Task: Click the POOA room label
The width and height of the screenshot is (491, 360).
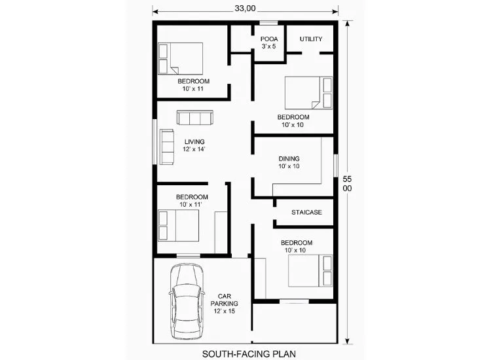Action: tap(269, 39)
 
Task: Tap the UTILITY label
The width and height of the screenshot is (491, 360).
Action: tap(311, 39)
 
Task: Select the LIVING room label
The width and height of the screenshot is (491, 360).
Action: tap(194, 142)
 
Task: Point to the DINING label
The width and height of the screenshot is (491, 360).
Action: tap(289, 158)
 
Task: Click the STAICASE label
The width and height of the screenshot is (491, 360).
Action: tap(306, 212)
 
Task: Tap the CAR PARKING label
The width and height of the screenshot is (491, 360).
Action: tap(224, 300)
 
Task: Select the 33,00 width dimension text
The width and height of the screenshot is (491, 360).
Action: tap(245, 9)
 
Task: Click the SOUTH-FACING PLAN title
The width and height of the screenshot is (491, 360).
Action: tap(249, 354)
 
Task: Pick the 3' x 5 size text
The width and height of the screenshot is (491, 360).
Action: tap(269, 46)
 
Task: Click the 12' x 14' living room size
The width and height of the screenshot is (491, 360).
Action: tap(194, 149)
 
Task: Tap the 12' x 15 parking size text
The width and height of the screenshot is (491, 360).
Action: tap(224, 311)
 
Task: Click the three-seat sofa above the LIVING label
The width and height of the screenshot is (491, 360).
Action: tap(195, 118)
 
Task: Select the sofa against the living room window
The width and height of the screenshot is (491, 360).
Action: tap(167, 147)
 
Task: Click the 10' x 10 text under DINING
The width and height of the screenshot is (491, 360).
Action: tap(289, 166)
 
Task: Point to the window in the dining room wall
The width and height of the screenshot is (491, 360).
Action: tap(336, 166)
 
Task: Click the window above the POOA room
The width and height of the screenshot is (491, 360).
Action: tap(268, 22)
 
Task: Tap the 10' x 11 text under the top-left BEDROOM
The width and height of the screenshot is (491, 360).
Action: tap(193, 88)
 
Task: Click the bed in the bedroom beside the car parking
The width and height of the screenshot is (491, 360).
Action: tap(310, 271)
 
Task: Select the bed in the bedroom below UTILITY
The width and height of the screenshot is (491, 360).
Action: tap(309, 93)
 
